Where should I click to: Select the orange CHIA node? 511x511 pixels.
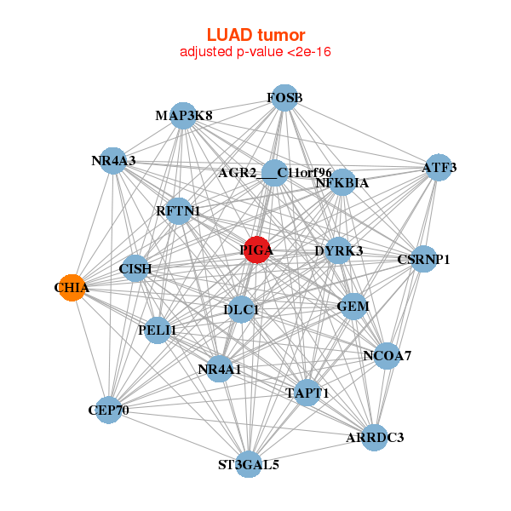click(x=73, y=288)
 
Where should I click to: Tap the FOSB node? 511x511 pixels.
click(x=285, y=98)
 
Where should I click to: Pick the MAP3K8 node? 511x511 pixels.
click(x=184, y=115)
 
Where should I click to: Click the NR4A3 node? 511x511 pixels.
click(x=113, y=160)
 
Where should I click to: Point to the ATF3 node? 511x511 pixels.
click(x=439, y=168)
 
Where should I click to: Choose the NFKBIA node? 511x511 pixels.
click(x=342, y=181)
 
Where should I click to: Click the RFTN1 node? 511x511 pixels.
click(x=178, y=210)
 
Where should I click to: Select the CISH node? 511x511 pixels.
click(x=135, y=269)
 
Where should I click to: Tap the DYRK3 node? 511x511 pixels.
click(x=338, y=250)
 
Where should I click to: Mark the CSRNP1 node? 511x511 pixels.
click(x=423, y=258)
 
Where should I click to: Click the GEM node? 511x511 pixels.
click(x=353, y=306)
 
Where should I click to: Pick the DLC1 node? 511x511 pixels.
click(x=241, y=310)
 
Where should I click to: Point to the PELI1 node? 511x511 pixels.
click(x=158, y=329)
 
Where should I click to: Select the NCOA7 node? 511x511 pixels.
click(x=387, y=355)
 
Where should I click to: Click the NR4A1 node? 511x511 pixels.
click(x=220, y=369)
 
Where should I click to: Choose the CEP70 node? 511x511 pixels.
click(x=108, y=411)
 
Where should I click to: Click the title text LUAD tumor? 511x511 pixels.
click(x=255, y=35)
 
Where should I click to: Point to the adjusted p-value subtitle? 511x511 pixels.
click(x=255, y=52)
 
